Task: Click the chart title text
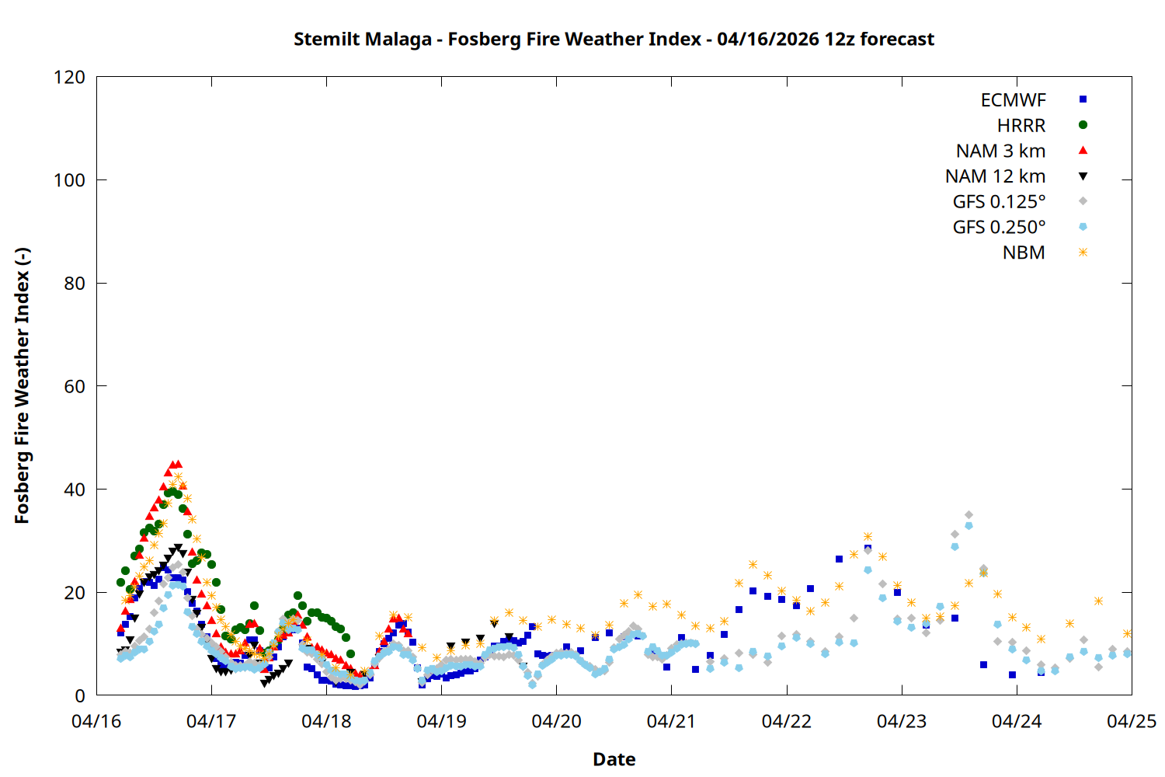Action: pos(614,39)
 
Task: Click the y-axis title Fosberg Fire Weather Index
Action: pos(22,385)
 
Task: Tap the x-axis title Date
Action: pos(614,759)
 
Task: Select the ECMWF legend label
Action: pos(1013,100)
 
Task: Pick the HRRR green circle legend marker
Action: pos(1083,125)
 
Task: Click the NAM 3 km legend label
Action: pos(1000,151)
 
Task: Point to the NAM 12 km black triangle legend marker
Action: pos(1083,176)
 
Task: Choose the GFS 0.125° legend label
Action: pos(999,202)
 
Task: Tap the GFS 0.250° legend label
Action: pos(999,228)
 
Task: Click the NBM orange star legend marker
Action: pos(1083,253)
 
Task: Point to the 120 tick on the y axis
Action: pos(70,77)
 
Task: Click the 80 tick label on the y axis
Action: pos(75,284)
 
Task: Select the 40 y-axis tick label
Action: pos(75,490)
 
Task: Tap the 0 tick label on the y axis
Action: pos(79,695)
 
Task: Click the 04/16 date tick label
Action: pos(96,721)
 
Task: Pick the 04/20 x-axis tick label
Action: pos(556,721)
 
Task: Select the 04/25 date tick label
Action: pos(1131,721)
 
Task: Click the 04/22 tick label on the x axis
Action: pos(786,721)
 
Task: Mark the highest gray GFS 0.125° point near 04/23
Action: pos(969,515)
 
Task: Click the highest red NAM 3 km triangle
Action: pos(178,464)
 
